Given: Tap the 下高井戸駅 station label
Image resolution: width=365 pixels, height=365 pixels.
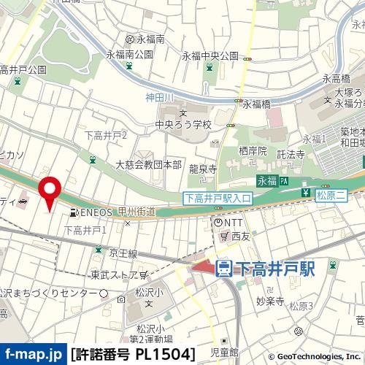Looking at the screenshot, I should tap(275, 269).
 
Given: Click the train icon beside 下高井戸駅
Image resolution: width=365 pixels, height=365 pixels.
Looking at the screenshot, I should tap(225, 269).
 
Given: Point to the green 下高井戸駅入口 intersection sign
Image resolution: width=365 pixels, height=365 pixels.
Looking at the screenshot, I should tap(217, 197).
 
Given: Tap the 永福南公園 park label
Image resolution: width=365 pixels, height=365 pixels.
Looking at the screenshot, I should tap(129, 54).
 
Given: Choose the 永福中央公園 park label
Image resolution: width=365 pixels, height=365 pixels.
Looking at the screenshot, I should tap(210, 55).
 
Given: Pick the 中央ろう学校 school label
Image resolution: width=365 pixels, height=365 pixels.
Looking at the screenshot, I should tap(182, 124).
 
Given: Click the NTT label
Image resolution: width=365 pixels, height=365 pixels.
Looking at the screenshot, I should tap(233, 222).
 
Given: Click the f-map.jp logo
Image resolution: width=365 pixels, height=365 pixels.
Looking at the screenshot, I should tap(34, 354).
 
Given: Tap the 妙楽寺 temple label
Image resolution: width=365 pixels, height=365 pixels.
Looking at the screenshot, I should tap(269, 300).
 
